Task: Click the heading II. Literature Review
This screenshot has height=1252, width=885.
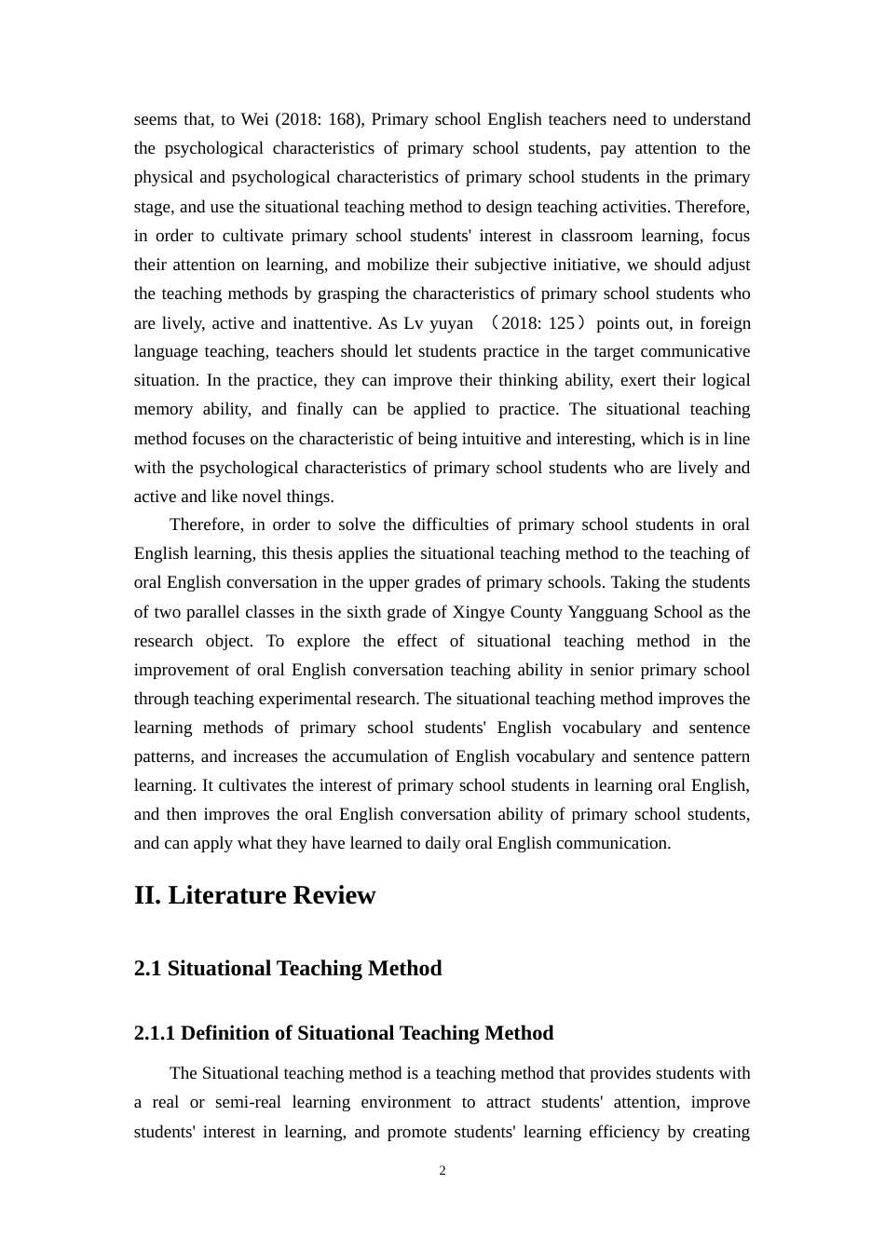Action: [254, 895]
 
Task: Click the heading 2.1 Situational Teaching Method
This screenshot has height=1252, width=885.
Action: [288, 969]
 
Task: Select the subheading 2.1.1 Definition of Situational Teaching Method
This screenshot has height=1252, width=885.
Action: [344, 1033]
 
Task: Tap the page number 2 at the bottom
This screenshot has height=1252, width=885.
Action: [442, 1171]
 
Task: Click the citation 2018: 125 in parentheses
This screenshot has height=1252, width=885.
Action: [538, 323]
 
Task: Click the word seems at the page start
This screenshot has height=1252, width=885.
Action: [155, 119]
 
